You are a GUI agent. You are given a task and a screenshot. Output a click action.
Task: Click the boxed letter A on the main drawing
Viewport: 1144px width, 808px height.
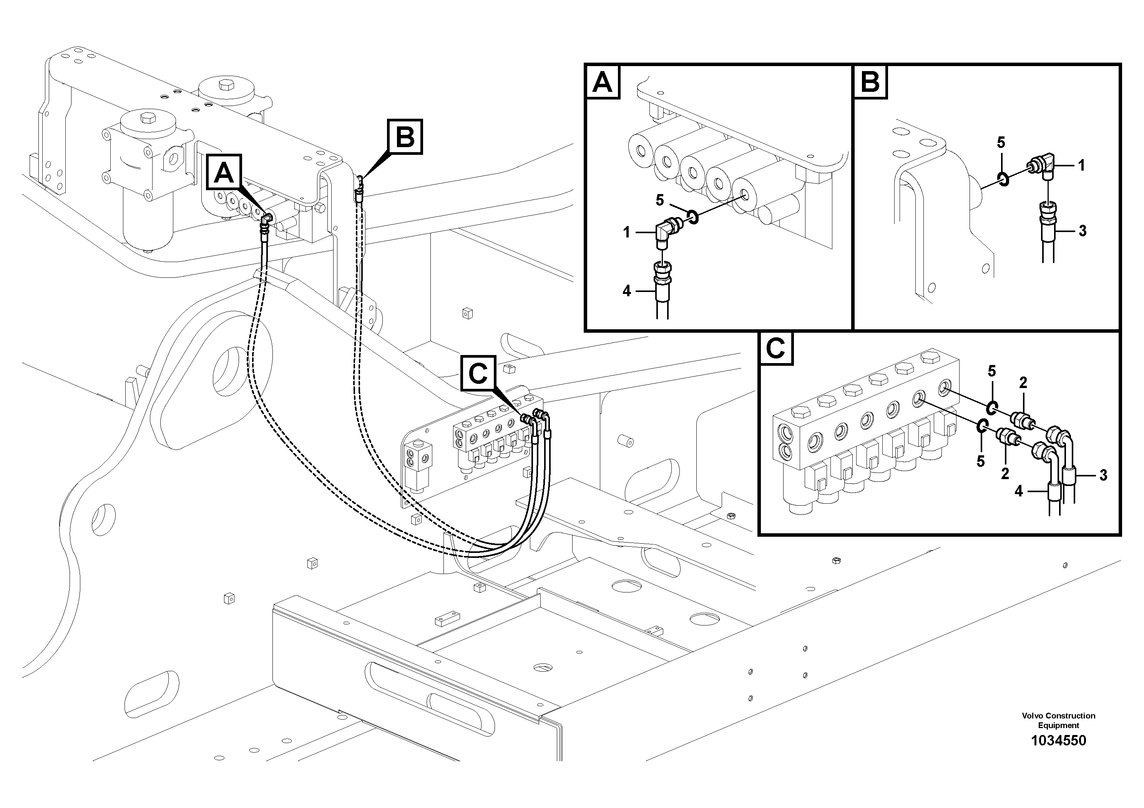(224, 173)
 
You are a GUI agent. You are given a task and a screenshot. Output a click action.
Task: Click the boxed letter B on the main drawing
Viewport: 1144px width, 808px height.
(405, 136)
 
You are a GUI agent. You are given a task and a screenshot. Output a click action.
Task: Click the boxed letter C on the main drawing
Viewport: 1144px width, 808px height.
(478, 373)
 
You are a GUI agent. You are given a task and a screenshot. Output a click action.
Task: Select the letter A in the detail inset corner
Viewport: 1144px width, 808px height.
(603, 82)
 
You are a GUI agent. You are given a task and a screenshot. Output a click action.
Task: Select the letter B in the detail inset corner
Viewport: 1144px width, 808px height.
(870, 82)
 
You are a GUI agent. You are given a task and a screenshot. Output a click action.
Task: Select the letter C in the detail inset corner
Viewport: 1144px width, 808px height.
(775, 348)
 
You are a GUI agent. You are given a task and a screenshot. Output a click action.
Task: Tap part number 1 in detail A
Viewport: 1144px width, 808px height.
(627, 232)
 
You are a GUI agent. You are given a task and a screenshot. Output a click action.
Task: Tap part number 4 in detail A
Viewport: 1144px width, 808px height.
(627, 291)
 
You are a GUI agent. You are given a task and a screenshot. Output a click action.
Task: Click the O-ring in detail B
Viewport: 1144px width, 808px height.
(1003, 179)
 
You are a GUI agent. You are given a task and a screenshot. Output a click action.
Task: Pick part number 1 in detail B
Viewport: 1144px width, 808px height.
(1081, 165)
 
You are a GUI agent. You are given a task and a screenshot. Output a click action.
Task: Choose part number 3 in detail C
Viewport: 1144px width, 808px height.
(1103, 476)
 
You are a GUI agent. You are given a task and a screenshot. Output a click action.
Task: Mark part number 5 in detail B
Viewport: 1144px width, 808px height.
(1001, 143)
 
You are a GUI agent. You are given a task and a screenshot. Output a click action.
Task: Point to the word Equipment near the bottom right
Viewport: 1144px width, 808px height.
(1058, 726)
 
